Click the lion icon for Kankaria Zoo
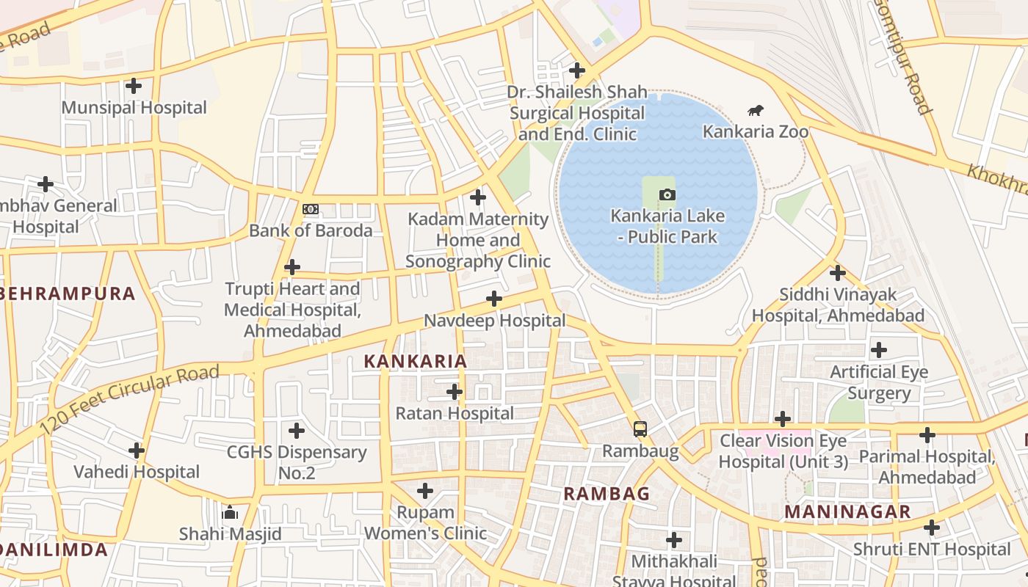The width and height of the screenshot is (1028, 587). click(755, 111)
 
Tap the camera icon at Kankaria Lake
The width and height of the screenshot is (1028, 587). click(667, 194)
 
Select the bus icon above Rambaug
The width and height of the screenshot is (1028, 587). click(640, 429)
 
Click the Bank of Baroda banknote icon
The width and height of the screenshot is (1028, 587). click(311, 209)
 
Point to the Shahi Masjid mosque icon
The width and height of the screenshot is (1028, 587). click(230, 512)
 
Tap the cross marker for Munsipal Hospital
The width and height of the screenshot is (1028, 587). click(133, 86)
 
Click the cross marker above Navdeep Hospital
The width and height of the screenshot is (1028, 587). click(494, 299)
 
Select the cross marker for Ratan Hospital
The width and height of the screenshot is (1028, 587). click(455, 392)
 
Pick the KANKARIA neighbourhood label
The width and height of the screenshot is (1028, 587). click(416, 361)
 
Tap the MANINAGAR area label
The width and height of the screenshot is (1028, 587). click(847, 511)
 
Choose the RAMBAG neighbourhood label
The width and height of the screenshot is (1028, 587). click(607, 494)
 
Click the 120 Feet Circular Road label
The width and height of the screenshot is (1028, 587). click(129, 399)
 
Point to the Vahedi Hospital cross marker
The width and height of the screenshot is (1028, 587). click(136, 450)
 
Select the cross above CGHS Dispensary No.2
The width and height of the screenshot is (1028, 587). click(296, 430)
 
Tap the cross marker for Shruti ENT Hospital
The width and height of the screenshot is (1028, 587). click(931, 528)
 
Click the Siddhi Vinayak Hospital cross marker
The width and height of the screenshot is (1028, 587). click(837, 273)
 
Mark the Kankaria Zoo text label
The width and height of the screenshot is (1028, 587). click(756, 131)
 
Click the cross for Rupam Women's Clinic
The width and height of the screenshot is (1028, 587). click(425, 490)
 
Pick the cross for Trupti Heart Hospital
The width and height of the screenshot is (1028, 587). click(292, 266)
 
